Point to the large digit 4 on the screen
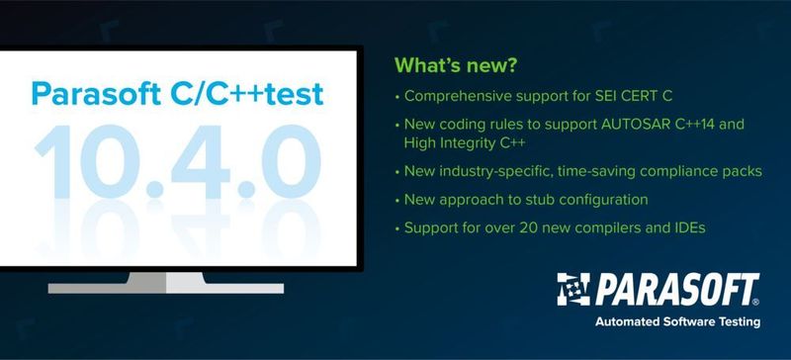(x=204, y=158)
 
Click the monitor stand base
(x=166, y=287)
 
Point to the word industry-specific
(x=496, y=171)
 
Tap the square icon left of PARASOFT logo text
(x=572, y=289)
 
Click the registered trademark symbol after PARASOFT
(x=756, y=301)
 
